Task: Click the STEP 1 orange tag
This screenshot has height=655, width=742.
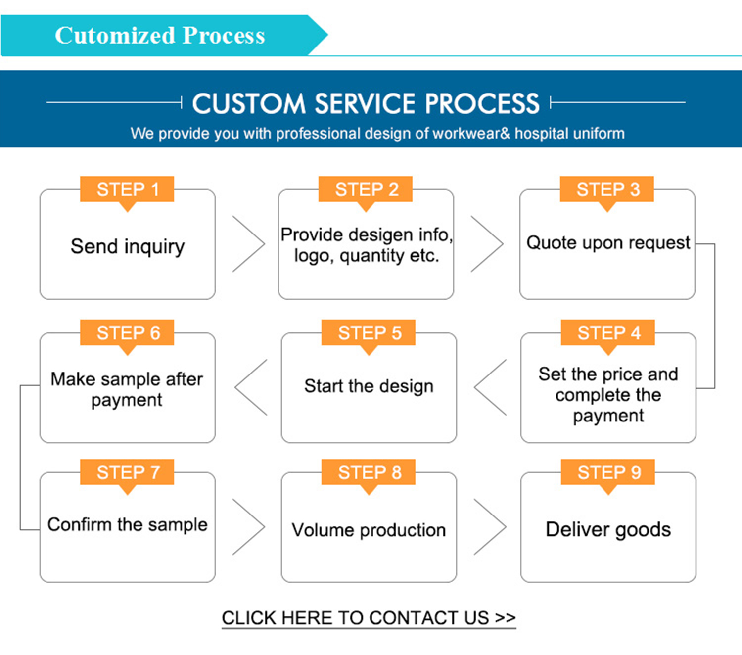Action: tap(127, 189)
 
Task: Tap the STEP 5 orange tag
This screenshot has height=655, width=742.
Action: tap(369, 333)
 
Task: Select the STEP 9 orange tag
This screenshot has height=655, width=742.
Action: tap(608, 472)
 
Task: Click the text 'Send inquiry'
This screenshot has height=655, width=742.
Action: tap(128, 246)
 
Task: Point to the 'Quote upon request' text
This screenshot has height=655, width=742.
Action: tap(608, 243)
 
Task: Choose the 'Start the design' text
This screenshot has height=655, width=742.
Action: tap(369, 386)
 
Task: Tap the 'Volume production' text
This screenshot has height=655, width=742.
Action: tap(369, 530)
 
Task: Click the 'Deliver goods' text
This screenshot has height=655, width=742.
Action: tap(608, 529)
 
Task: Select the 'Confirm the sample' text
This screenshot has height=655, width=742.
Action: tap(128, 524)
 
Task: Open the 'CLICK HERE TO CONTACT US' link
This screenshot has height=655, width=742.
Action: tap(369, 618)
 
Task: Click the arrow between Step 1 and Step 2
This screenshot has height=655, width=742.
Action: tap(249, 244)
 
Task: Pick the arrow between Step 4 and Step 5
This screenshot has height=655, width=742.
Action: tap(490, 387)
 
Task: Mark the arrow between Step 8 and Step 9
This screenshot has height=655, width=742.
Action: tap(490, 527)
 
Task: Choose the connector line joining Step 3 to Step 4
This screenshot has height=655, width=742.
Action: tap(714, 317)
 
